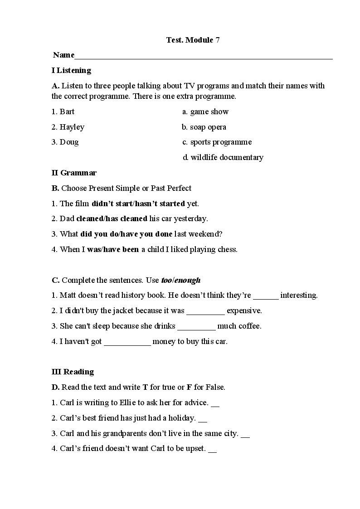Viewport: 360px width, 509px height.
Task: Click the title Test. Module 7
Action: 193,40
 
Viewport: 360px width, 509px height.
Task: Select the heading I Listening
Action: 71,70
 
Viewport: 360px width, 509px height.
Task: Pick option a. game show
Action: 205,111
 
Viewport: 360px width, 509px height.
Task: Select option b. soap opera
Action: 204,127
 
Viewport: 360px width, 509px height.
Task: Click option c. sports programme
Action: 217,142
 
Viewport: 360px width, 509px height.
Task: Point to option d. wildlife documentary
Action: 223,157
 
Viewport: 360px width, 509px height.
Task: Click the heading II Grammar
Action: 74,173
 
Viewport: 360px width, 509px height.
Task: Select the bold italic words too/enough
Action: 181,280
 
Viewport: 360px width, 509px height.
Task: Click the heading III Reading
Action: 73,372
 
